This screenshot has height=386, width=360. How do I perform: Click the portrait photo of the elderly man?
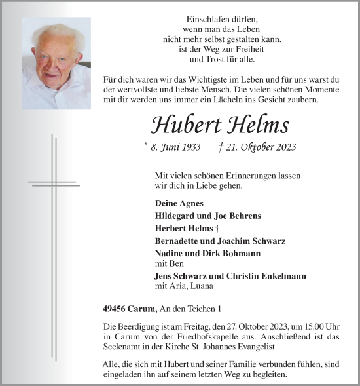coord(56,63)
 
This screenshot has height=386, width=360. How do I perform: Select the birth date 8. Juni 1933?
coord(171,147)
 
